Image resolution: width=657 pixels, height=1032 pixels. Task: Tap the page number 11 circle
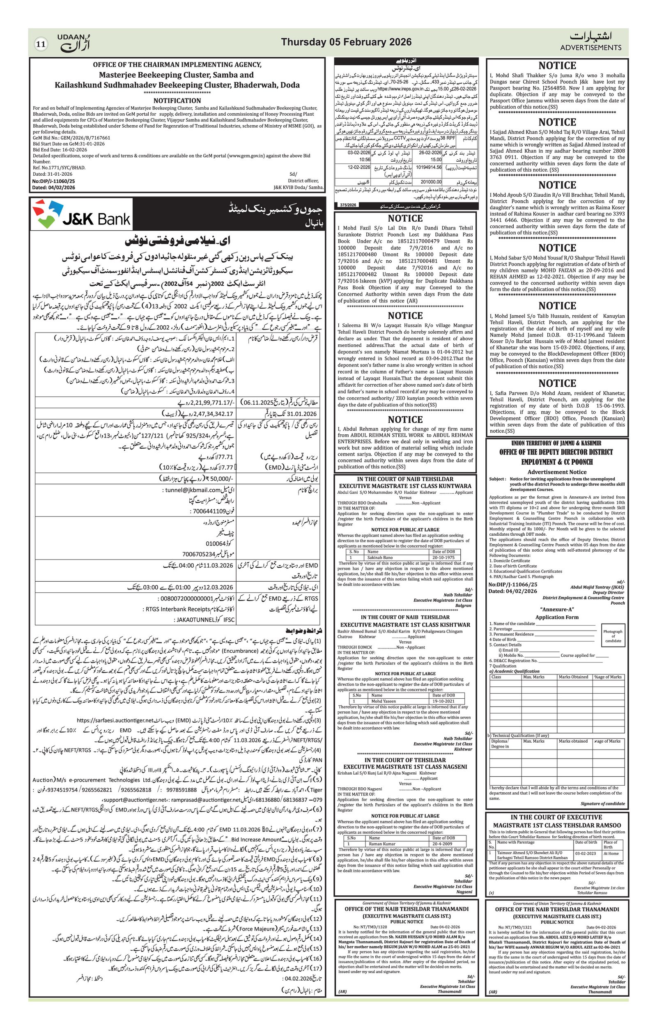41,44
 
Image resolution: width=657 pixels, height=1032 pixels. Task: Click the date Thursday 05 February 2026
346,42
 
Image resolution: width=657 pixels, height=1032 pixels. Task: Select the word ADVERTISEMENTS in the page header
590,48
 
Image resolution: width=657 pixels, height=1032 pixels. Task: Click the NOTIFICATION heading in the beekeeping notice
177,100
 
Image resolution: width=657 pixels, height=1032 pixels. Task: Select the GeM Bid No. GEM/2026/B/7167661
71,138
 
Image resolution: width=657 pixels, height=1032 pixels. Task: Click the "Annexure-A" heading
557,610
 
